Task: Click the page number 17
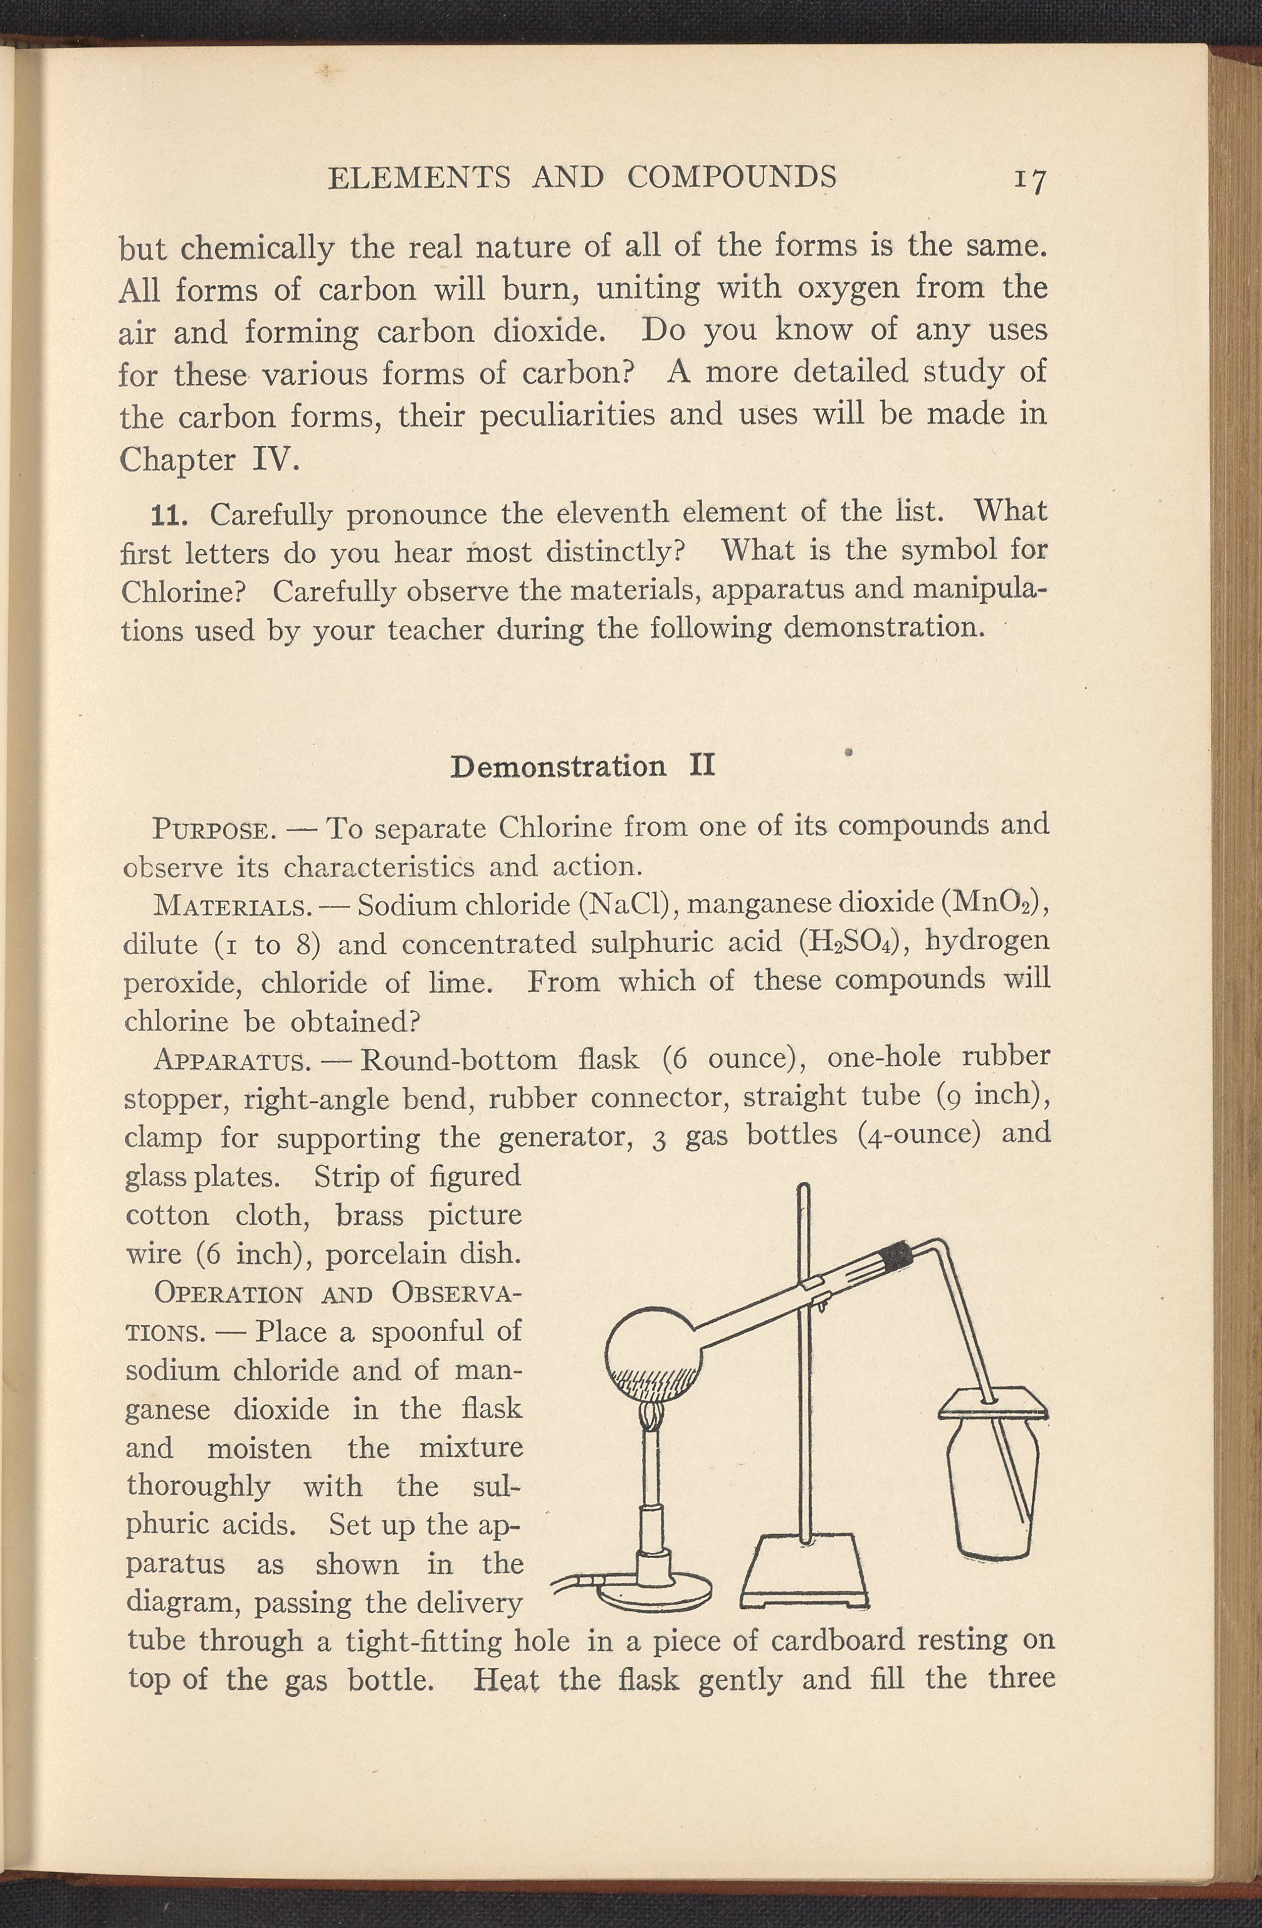(1029, 180)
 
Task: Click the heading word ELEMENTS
(419, 177)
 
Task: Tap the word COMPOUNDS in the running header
(732, 177)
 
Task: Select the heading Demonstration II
(582, 766)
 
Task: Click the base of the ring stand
(804, 1576)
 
